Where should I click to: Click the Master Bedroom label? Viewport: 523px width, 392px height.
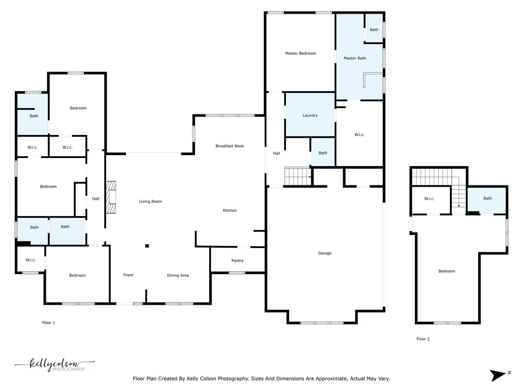point(300,53)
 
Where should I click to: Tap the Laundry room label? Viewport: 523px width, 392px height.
point(310,115)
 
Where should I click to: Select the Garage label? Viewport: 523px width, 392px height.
point(325,253)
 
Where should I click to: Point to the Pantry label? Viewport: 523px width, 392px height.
point(237,261)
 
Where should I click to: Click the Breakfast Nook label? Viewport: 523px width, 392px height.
point(229,146)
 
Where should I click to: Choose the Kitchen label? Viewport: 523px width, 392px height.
point(230,210)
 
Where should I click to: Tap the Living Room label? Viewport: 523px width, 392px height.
point(151,201)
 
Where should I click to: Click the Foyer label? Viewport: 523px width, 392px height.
point(128,275)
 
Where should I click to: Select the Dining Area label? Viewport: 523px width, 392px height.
point(178,275)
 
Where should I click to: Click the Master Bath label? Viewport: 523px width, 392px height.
point(355,58)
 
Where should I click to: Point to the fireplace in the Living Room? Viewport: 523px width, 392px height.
point(111,197)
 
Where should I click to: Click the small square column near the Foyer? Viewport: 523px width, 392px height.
point(147,246)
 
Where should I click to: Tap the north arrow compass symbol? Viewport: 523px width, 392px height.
point(499,375)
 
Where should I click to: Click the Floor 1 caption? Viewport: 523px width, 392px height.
point(48,323)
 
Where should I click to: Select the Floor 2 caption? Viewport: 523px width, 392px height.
point(423,339)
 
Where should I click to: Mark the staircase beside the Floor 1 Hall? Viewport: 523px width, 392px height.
point(297,176)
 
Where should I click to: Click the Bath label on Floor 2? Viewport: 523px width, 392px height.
point(488,198)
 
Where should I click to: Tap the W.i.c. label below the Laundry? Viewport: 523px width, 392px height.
point(360,134)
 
